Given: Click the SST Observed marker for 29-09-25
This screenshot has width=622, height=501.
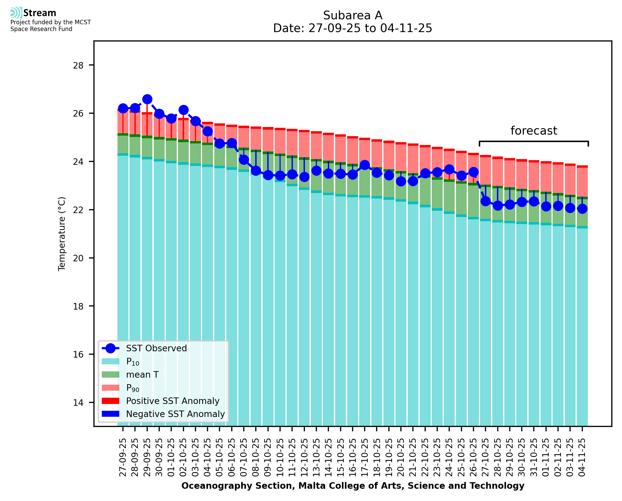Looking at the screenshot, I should coord(147,99).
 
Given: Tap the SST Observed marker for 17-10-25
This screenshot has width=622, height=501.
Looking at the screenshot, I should coord(365,165).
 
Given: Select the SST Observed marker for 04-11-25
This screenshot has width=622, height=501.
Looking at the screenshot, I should coord(582,209).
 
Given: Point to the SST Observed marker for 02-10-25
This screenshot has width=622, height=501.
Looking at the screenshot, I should coord(183,110).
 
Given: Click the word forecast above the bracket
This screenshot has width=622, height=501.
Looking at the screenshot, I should coord(534,131).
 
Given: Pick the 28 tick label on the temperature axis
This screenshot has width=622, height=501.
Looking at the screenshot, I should coord(78,65).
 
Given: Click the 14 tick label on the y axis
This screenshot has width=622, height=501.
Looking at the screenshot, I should coord(78,403).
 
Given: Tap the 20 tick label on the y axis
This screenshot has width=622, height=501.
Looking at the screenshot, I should coord(78,258).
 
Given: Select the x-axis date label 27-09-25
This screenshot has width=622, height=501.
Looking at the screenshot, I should coord(123,457).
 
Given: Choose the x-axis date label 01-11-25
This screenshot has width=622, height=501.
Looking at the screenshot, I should coord(546,457).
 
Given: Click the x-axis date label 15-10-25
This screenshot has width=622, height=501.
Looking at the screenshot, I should coord(340,457).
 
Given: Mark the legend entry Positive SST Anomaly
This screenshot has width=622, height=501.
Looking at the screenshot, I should coord(173,401).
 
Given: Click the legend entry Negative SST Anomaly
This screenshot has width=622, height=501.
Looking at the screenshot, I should coord(175,414).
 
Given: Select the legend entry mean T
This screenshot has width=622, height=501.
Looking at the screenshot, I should coord(142,375).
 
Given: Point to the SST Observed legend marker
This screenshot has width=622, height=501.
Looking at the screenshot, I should coord(111,348).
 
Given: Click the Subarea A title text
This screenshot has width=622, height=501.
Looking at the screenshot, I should coord(353,15).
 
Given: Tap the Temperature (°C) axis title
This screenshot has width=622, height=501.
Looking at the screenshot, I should coord(62,234).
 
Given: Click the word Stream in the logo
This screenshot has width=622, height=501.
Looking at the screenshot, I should coord(40,13).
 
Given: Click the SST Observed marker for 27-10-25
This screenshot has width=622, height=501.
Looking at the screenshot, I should coord(485,201).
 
